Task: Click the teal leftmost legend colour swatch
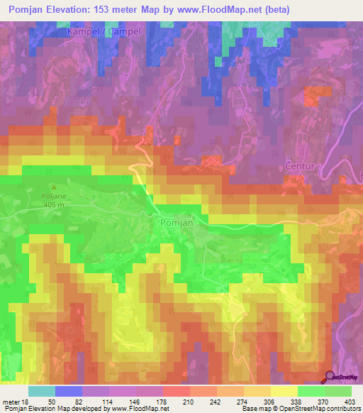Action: tap(41, 391)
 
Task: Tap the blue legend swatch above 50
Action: tap(68, 391)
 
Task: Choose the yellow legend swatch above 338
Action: tap(284, 391)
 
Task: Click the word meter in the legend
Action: tap(11, 402)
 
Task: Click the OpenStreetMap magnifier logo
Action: tap(330, 378)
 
